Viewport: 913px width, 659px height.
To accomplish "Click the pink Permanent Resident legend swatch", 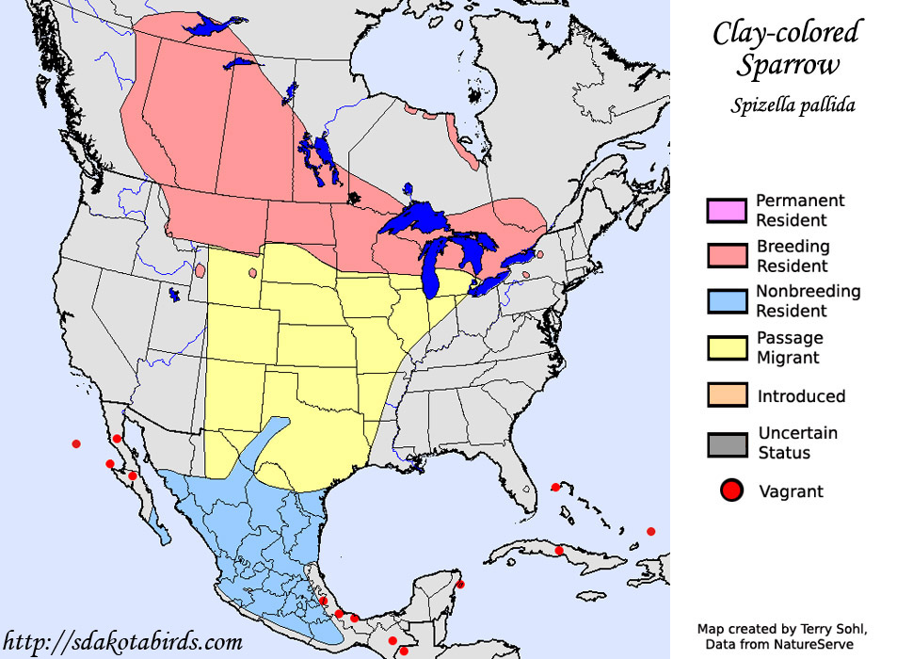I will tap(728, 211).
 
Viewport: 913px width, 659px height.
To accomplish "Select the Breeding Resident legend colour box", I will tap(728, 256).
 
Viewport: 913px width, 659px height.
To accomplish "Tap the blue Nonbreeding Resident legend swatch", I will tap(728, 301).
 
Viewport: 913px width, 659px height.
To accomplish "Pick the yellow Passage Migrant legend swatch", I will tap(728, 347).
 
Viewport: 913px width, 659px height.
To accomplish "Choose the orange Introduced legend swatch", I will tap(728, 395).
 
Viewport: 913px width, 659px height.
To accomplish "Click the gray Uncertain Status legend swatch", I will tap(728, 443).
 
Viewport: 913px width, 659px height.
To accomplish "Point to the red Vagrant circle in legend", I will tap(731, 490).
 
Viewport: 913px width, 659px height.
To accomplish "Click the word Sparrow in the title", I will tap(786, 66).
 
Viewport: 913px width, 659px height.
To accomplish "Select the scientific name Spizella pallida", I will tap(793, 105).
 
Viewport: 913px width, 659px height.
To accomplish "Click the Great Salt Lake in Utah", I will tap(174, 295).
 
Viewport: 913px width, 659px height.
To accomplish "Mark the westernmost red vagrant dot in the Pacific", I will tap(76, 443).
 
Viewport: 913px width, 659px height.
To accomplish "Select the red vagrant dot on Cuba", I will tap(559, 550).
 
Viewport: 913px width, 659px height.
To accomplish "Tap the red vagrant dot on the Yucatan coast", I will tap(460, 585).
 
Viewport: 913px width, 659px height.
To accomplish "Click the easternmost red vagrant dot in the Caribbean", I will tap(650, 531).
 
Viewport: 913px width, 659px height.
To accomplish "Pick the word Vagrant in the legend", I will tap(791, 491).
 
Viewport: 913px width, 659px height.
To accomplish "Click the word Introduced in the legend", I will tap(801, 396).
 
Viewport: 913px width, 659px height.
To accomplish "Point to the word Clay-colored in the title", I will tap(786, 33).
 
